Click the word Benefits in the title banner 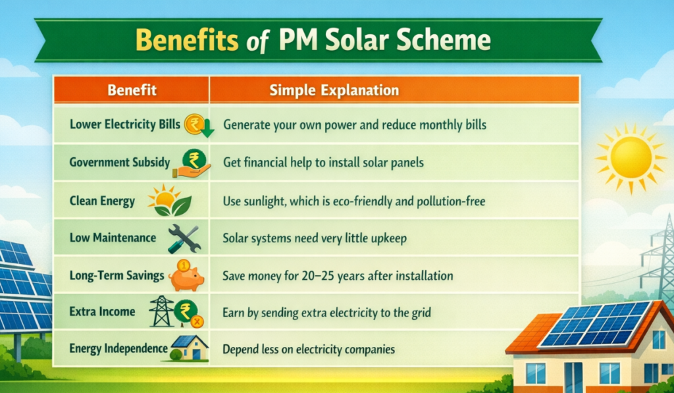point(187,40)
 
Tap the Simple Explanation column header point(334,90)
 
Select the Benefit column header point(132,90)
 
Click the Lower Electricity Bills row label point(124,124)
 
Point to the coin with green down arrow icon point(199,126)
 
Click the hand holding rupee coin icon point(192,163)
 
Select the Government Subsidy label point(120,162)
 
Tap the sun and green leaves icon point(169,200)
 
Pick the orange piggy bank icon point(186,276)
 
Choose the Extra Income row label point(102,312)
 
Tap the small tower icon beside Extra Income point(161,311)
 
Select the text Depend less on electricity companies point(309,349)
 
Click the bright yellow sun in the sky point(631,157)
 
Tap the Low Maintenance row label point(113,238)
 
